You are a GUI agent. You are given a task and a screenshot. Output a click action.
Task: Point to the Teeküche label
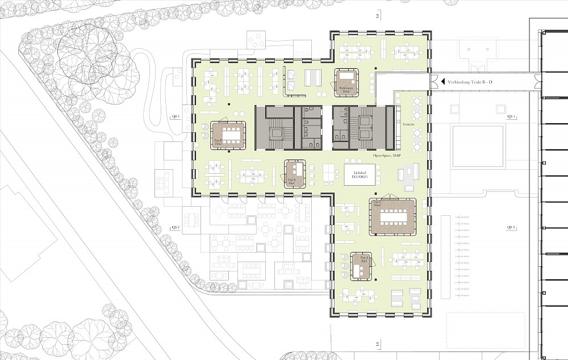click(407, 124)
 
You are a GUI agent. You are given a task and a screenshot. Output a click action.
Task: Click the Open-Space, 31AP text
click(387, 155)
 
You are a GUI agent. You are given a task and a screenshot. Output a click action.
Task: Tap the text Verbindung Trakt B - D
click(470, 82)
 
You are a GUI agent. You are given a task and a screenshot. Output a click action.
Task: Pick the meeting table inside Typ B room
click(231, 135)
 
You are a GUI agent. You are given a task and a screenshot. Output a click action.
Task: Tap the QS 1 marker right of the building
click(511, 116)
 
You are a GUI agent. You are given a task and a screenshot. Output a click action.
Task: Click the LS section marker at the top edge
click(377, 16)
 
